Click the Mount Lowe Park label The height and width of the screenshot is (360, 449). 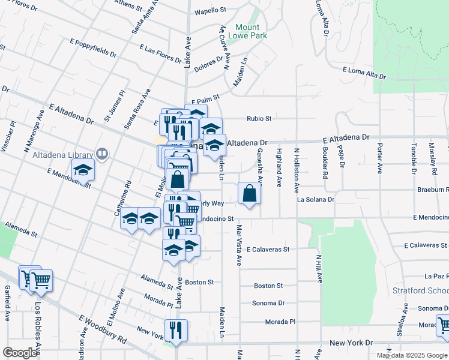[x=248, y=31]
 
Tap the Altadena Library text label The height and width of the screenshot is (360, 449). [x=71, y=155]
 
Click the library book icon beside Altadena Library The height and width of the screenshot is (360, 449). [x=103, y=155]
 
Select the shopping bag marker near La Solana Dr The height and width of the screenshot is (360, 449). [x=250, y=194]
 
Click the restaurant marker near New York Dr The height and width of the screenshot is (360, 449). [x=176, y=329]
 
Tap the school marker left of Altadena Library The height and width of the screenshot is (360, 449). [x=83, y=171]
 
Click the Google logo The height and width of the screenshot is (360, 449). [x=20, y=353]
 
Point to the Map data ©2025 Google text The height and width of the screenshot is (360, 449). [x=411, y=355]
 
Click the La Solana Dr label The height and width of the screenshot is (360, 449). [x=315, y=199]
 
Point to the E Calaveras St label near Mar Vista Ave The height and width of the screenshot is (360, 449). [x=268, y=249]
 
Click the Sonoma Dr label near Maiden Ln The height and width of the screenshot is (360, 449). [x=268, y=303]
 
